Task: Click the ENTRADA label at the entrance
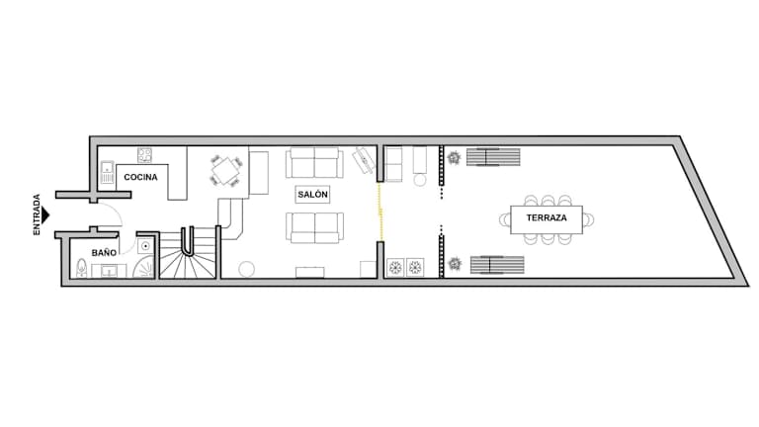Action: [37, 214]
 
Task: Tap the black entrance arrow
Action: [45, 215]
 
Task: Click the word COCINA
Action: [141, 177]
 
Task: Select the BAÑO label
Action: [104, 253]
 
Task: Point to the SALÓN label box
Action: [312, 194]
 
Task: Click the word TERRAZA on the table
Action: [547, 217]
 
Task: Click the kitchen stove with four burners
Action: [144, 155]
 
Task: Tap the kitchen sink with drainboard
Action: [107, 173]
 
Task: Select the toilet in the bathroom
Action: [82, 268]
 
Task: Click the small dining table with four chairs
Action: [226, 171]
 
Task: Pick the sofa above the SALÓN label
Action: [314, 163]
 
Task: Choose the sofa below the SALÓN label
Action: [314, 227]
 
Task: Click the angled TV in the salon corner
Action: [363, 160]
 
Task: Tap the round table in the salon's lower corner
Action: [246, 269]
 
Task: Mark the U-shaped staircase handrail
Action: [188, 241]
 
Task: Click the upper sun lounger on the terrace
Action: [493, 157]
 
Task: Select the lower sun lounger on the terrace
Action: [497, 265]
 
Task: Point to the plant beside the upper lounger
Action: [454, 158]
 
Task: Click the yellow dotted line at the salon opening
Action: [380, 212]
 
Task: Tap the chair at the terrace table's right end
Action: [588, 219]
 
